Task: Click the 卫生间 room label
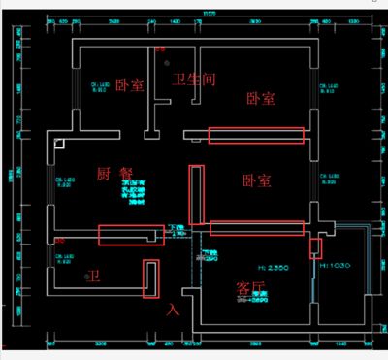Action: pyautogui.click(x=193, y=79)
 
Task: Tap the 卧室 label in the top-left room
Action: pyautogui.click(x=129, y=85)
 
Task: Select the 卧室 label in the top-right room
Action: pyautogui.click(x=259, y=99)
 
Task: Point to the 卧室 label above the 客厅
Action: pyautogui.click(x=256, y=180)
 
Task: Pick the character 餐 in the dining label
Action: pyautogui.click(x=127, y=174)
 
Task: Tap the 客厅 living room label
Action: pyautogui.click(x=250, y=287)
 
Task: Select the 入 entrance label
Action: pyautogui.click(x=174, y=310)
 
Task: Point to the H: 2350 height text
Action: pyautogui.click(x=259, y=263)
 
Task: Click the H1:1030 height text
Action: pyautogui.click(x=336, y=264)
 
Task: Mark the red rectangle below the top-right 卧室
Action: pyautogui.click(x=256, y=135)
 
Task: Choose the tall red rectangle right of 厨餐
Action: pyautogui.click(x=197, y=193)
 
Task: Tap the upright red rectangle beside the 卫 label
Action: pyautogui.click(x=151, y=280)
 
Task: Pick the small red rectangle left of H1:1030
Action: pyautogui.click(x=315, y=247)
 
